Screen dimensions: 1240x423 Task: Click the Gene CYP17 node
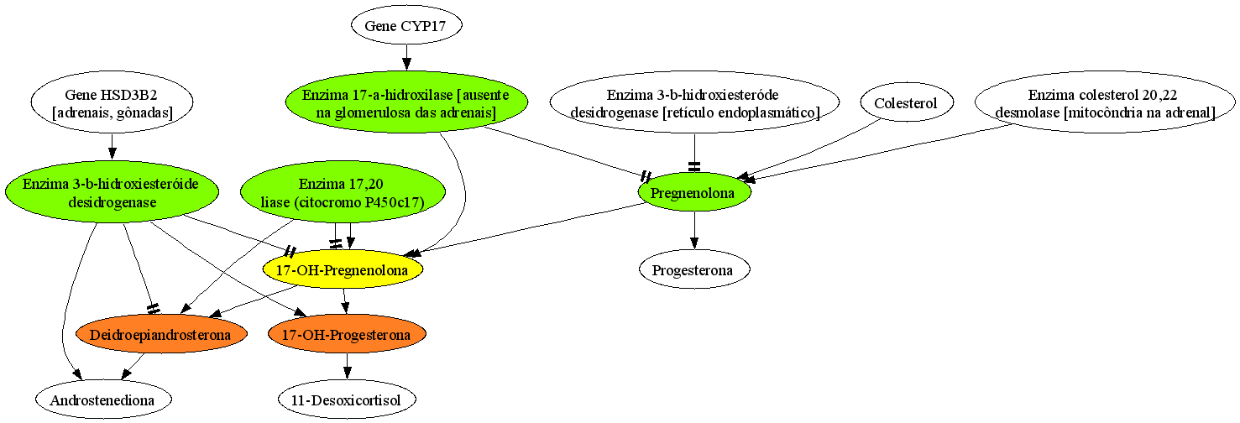(406, 25)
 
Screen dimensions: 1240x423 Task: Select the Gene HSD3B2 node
(112, 102)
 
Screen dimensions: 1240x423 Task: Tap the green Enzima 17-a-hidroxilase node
(406, 102)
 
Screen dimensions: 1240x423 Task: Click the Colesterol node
(906, 102)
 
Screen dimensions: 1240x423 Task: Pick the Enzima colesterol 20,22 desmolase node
(1105, 102)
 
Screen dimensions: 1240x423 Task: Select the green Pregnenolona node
(694, 192)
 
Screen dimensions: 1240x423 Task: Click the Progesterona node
(694, 269)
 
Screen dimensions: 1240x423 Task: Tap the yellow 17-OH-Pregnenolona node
(343, 269)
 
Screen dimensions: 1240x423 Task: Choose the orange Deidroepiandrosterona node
(160, 334)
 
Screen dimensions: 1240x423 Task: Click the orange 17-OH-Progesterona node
(347, 334)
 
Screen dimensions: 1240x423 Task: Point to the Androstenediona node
(103, 399)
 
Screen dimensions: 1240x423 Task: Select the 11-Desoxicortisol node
(347, 399)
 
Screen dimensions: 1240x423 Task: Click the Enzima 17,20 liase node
(343, 192)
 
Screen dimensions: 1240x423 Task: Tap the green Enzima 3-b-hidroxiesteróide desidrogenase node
(112, 192)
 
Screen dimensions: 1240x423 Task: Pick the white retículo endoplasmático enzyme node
(694, 102)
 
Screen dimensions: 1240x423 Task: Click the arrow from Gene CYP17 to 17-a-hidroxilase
(406, 58)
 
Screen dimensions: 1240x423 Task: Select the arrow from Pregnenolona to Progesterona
(694, 230)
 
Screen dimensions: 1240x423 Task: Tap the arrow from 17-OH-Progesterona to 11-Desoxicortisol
(347, 367)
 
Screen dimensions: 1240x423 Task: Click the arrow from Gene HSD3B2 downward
(112, 147)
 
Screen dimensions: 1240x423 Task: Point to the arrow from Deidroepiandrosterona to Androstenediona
(133, 367)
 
